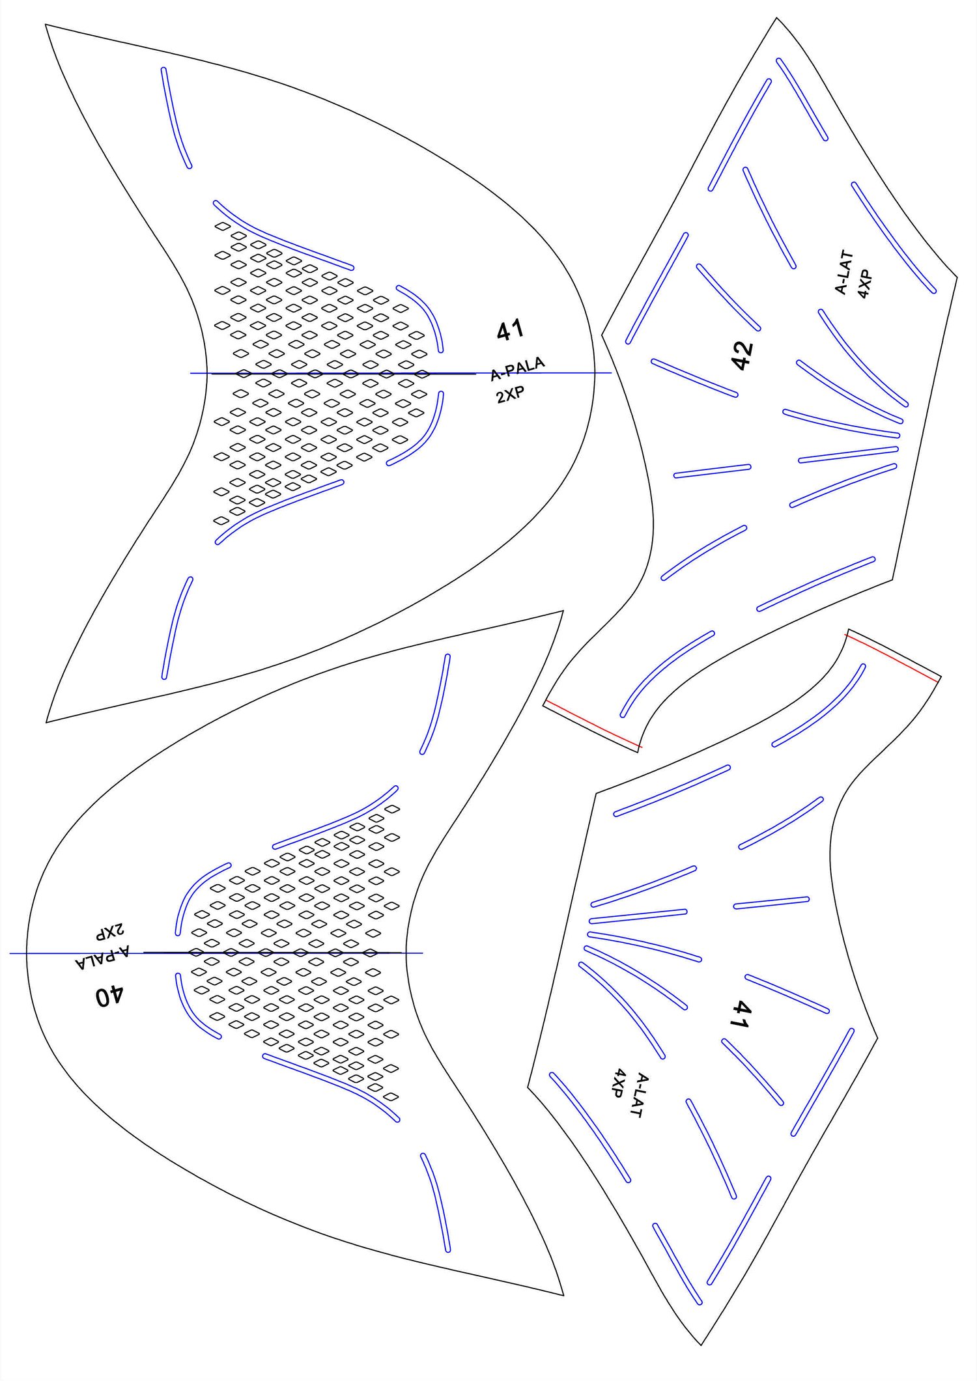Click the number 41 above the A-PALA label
(510, 330)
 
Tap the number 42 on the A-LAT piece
(743, 355)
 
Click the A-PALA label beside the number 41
(518, 369)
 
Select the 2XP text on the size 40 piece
(111, 932)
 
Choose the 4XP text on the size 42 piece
(864, 283)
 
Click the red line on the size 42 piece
(593, 724)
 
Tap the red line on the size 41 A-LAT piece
(892, 656)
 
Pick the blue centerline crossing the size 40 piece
(65, 953)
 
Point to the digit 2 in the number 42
(743, 346)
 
